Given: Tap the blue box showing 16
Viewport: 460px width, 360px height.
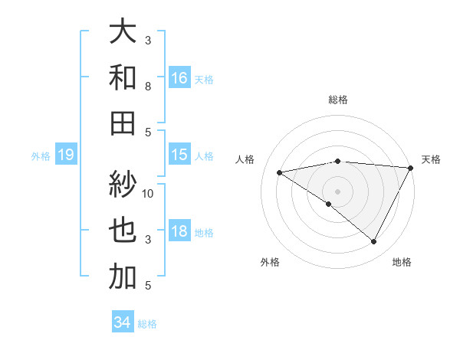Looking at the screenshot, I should pos(179,77).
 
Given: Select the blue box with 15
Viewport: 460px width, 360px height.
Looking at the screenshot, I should pos(179,155).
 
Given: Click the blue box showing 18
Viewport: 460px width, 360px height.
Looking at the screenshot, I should pos(179,232).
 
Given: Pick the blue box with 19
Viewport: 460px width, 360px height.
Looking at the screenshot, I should pos(66,155).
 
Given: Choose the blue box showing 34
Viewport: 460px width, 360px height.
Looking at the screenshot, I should pos(122,322).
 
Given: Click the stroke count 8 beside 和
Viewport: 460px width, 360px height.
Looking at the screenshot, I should pos(148,87).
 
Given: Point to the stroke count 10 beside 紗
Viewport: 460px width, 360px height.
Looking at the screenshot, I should pos(148,193).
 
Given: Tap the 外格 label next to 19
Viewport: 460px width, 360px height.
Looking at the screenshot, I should pos(41,156).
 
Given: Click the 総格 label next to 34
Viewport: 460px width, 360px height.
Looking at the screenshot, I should pos(147,324).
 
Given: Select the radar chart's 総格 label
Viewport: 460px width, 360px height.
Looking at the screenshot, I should pos(337,100).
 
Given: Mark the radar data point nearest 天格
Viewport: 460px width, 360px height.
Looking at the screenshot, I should pos(411,169).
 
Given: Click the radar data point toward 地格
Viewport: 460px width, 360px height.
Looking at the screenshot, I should pos(374,242).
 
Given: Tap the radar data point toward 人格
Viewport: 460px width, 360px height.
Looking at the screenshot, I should pos(279,172).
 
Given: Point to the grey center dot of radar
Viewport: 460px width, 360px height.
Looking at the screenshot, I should pos(337,191).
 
